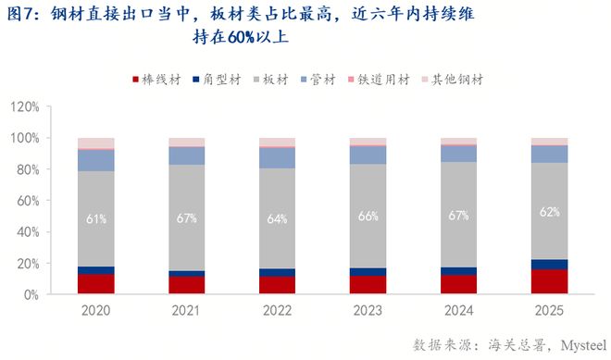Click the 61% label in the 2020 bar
pyautogui.click(x=96, y=218)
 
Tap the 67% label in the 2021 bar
pyautogui.click(x=187, y=218)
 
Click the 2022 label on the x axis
pyautogui.click(x=278, y=311)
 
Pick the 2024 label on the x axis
pyautogui.click(x=458, y=311)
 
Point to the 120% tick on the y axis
pyautogui.click(x=25, y=106)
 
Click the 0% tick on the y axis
pyautogui.click(x=31, y=294)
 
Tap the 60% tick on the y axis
pyautogui.click(x=28, y=201)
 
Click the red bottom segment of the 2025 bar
pyautogui.click(x=549, y=281)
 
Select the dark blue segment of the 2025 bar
pyautogui.click(x=549, y=264)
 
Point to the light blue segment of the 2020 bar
pyautogui.click(x=96, y=160)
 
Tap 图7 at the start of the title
pyautogui.click(x=20, y=13)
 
